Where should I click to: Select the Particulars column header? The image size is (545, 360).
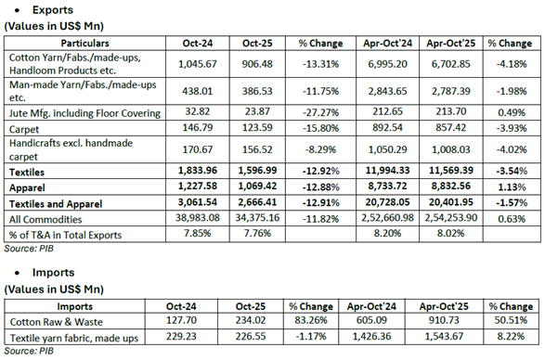point(84,44)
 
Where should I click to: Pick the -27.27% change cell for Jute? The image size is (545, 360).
point(318,112)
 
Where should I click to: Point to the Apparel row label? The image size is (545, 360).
point(29,186)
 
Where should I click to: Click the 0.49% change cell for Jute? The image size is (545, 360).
point(508,112)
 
